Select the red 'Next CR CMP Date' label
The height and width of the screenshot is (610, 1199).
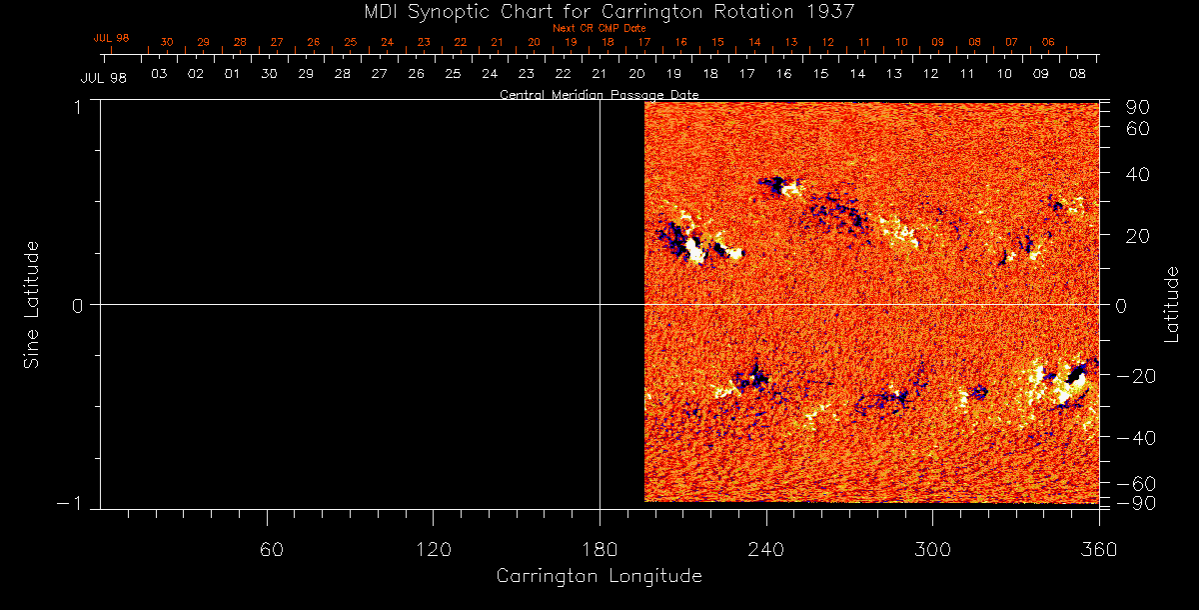click(599, 28)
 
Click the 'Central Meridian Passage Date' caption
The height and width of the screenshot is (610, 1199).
click(599, 94)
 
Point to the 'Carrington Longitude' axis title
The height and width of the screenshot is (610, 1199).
click(599, 576)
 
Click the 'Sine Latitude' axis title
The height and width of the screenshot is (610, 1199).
click(31, 304)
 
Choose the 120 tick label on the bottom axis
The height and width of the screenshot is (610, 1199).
click(433, 550)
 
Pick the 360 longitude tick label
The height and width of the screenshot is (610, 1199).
click(1098, 550)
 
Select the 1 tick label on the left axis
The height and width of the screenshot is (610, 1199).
click(76, 105)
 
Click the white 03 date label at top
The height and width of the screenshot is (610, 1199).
click(158, 74)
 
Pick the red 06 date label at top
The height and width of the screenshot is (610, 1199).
click(1047, 43)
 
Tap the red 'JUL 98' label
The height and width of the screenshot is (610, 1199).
click(111, 38)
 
